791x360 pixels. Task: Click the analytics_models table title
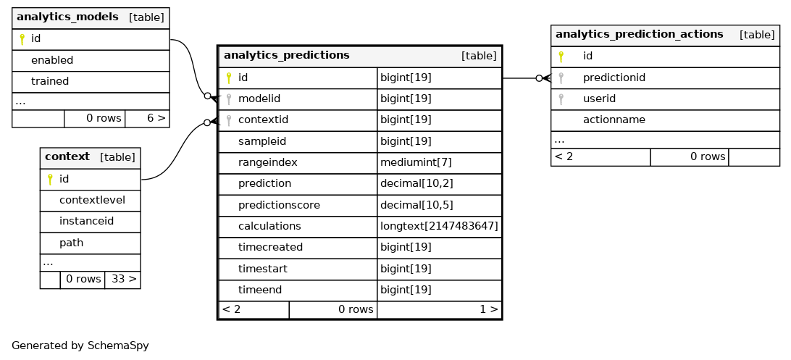67,17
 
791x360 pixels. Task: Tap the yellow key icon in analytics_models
22,39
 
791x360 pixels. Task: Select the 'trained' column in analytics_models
50,81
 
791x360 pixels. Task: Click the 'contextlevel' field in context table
92,200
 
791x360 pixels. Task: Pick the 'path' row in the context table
71,243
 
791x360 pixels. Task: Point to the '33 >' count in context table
122,279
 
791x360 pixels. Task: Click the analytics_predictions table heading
287,55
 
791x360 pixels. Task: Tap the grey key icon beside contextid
228,120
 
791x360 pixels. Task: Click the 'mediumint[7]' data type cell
416,162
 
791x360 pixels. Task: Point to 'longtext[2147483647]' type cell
439,227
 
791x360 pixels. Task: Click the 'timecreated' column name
270,248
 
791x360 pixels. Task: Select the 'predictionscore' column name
279,205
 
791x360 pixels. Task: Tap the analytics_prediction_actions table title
639,34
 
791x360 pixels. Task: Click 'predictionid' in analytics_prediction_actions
614,78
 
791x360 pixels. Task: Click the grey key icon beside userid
561,99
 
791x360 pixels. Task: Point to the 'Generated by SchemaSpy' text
80,346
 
